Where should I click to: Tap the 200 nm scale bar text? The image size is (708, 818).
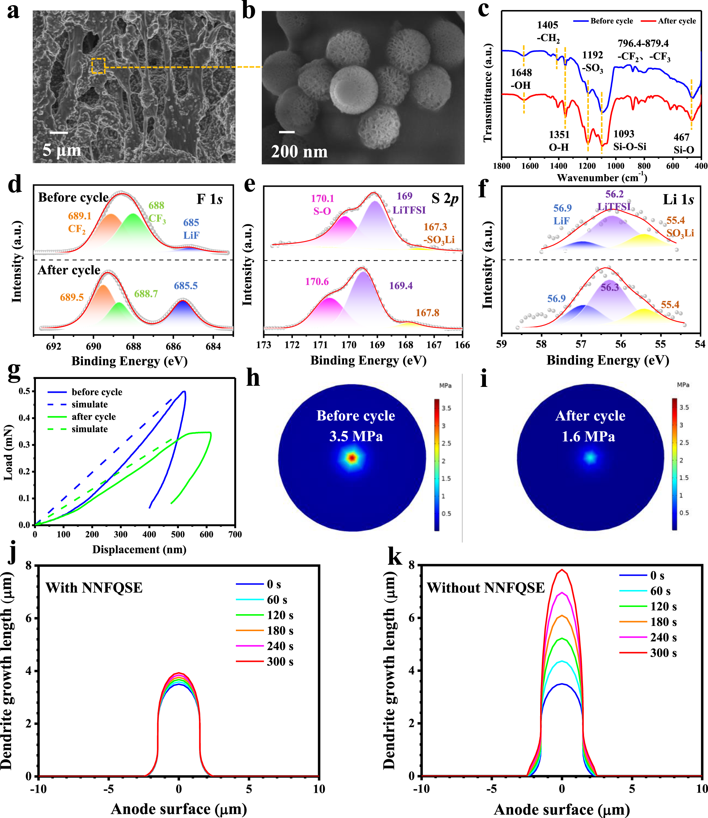point(299,152)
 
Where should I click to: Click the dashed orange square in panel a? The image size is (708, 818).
point(98,66)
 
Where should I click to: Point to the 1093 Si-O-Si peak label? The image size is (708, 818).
point(629,140)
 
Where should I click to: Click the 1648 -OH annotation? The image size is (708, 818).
point(521,79)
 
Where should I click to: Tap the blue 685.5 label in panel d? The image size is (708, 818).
point(186,286)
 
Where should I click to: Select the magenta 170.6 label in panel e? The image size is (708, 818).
point(317,282)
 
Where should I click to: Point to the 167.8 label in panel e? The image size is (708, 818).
point(427,313)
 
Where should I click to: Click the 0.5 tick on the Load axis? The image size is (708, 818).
point(24,391)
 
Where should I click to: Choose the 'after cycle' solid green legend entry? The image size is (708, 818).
point(94,417)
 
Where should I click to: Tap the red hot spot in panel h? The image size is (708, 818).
point(352,458)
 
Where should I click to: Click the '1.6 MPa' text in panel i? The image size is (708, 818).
point(588,436)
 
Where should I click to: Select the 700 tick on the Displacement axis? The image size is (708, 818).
point(235,534)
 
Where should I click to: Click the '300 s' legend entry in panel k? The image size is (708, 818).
point(663,653)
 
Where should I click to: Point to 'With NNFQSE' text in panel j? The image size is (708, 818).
point(94,588)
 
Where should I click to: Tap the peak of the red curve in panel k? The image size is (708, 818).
point(562,570)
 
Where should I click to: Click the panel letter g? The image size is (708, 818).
point(14,371)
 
